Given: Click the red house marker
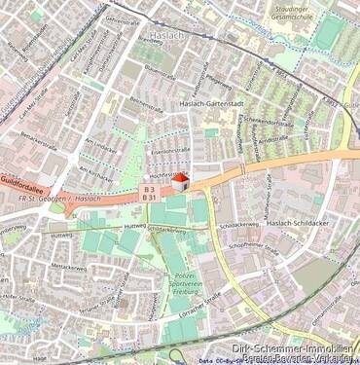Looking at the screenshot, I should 179,179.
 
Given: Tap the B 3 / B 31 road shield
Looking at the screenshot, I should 150,193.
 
